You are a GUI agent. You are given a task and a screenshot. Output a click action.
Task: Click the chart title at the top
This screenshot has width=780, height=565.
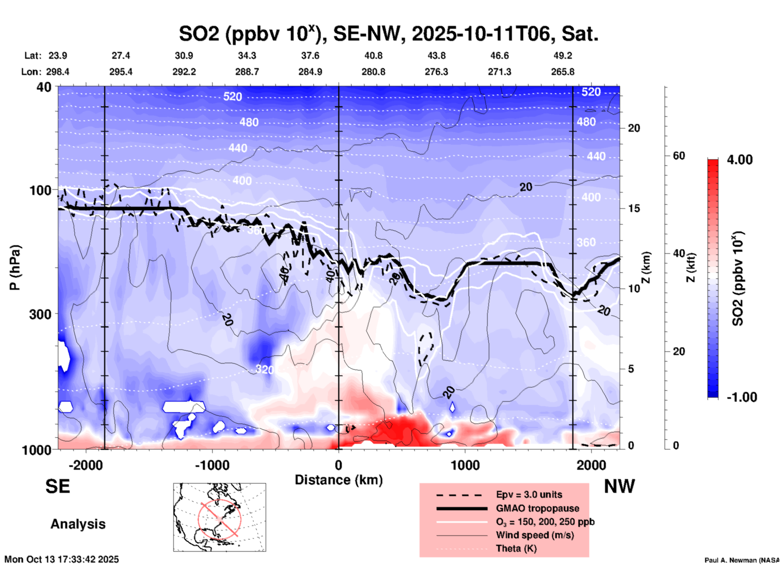[x=388, y=34]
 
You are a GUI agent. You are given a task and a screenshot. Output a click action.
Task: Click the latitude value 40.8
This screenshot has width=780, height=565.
[x=373, y=56]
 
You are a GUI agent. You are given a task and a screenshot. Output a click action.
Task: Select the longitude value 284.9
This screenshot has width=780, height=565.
[x=310, y=72]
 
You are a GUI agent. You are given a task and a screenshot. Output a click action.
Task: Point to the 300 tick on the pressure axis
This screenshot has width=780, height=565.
[x=40, y=314]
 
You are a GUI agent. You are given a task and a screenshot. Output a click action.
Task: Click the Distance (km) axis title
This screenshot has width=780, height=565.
[x=339, y=480]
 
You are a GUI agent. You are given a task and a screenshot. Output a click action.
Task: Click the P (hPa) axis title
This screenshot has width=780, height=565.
[x=15, y=268]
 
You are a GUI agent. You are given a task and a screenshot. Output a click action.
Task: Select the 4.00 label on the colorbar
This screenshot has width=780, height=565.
[x=740, y=160]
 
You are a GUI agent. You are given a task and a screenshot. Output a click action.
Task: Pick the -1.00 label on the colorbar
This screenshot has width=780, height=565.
[x=742, y=397]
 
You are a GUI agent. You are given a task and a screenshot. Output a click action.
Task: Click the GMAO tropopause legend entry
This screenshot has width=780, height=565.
[x=537, y=508]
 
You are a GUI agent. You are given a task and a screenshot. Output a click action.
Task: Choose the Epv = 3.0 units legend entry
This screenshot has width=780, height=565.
[x=529, y=494]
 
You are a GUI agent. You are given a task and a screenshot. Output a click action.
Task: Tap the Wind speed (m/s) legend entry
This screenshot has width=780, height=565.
[x=535, y=535]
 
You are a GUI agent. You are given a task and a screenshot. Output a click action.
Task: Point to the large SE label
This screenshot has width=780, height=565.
[x=58, y=486]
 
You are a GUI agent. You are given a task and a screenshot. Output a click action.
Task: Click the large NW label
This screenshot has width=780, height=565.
[x=619, y=486]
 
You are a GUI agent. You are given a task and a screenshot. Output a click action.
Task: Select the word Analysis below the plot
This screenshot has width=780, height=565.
[x=78, y=524]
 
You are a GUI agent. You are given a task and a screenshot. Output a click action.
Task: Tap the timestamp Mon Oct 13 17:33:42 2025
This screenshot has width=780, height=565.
[x=62, y=559]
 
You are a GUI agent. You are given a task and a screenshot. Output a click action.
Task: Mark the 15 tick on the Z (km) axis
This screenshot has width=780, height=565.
[x=634, y=208]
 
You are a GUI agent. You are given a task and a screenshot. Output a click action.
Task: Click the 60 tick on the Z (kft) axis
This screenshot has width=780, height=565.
[x=678, y=156]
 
